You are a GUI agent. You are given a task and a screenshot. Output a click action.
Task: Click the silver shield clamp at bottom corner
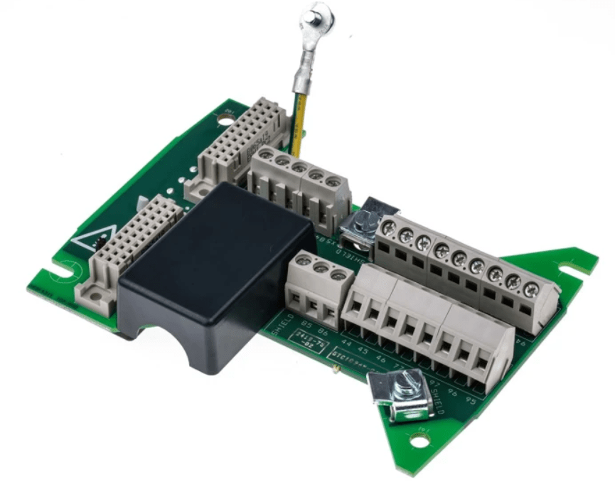point(402,395)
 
